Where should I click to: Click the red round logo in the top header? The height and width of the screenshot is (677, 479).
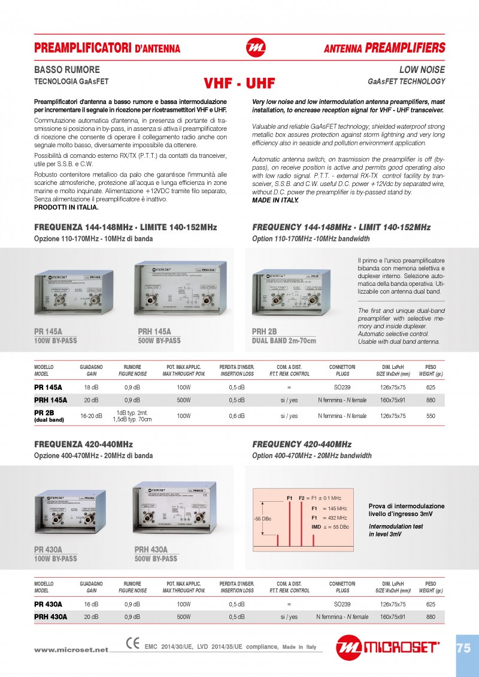[x=256, y=47]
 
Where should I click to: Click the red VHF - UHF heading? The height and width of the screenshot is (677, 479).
[x=239, y=83]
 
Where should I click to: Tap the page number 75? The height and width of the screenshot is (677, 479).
[x=463, y=648]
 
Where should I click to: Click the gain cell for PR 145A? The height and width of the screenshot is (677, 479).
[x=91, y=388]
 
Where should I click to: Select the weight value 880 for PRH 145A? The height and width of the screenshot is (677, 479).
[x=431, y=400]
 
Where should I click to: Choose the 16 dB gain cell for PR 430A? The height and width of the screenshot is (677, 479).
[x=91, y=604]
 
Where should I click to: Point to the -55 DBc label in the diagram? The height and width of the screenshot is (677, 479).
[x=262, y=518]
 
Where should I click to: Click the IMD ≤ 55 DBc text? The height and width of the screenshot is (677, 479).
[x=329, y=527]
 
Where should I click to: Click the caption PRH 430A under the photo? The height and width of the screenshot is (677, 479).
[x=151, y=550]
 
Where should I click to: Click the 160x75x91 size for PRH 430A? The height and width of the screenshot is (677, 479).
[x=393, y=617]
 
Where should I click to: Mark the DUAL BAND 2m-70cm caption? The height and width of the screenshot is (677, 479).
[x=284, y=340]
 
